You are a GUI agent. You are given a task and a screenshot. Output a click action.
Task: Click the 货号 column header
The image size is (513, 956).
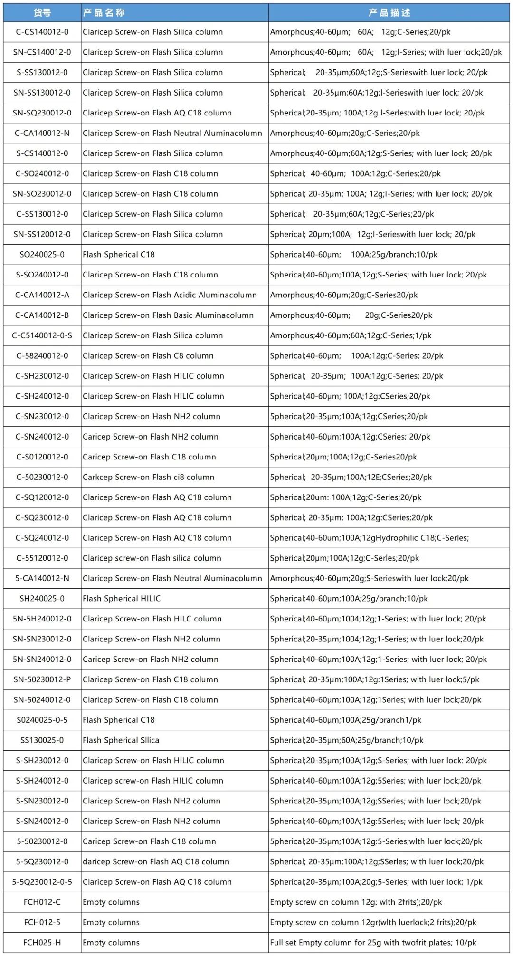(42, 13)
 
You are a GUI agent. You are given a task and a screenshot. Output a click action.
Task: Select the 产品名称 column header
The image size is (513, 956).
(104, 13)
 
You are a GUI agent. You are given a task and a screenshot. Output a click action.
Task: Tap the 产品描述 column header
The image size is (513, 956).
(389, 13)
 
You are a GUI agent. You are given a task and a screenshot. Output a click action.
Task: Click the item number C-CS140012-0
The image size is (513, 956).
(42, 32)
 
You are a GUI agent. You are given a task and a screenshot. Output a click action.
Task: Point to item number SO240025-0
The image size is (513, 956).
(42, 255)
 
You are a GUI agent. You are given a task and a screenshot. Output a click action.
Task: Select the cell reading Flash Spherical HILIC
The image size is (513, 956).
(122, 599)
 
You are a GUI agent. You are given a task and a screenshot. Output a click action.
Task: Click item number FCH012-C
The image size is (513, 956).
(42, 902)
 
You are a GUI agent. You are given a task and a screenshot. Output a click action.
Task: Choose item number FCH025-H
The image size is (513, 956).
(42, 943)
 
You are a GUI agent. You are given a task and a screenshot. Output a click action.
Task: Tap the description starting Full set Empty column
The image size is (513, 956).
(373, 943)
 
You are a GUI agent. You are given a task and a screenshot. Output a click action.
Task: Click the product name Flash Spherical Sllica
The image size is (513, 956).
(121, 740)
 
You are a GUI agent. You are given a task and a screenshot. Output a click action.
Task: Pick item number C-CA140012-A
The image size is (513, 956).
(42, 295)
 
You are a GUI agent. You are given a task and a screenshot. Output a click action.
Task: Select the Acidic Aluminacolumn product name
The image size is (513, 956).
(170, 295)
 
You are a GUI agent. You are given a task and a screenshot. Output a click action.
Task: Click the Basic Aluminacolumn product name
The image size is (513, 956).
(168, 315)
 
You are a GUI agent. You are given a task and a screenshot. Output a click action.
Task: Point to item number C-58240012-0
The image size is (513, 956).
(42, 356)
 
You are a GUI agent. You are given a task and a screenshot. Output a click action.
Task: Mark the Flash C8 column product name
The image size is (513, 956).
(148, 356)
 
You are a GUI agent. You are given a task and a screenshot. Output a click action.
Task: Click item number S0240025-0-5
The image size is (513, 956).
(42, 720)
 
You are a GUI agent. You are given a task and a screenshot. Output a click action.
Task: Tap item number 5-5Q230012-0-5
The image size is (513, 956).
(42, 882)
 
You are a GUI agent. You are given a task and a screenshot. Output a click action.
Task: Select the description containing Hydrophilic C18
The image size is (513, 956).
(369, 538)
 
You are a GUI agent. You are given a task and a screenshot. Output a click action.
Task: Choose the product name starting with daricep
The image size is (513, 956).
(156, 862)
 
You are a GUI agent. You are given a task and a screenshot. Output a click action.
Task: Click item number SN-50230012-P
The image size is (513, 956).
(42, 680)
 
